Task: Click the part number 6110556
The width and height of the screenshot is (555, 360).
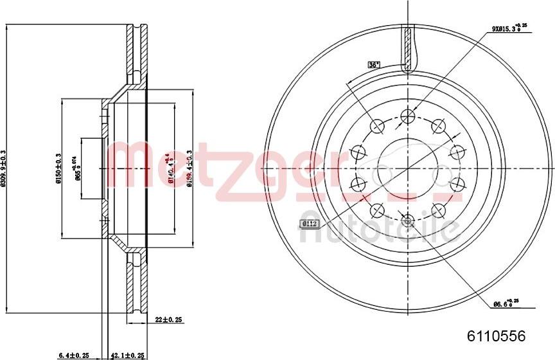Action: [495, 336]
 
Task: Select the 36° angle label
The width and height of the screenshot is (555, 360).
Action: [374, 64]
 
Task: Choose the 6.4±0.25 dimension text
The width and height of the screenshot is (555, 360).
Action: [73, 354]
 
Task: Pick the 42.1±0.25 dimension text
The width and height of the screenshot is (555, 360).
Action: [128, 354]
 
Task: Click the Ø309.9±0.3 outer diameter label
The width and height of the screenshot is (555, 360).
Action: [4, 169]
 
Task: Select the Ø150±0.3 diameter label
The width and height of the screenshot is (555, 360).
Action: [58, 168]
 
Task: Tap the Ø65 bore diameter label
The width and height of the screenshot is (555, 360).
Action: [78, 169]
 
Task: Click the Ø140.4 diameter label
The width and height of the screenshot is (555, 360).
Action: [170, 169]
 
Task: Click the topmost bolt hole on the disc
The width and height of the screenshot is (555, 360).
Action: [406, 116]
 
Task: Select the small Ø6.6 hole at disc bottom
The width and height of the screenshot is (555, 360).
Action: [406, 217]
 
